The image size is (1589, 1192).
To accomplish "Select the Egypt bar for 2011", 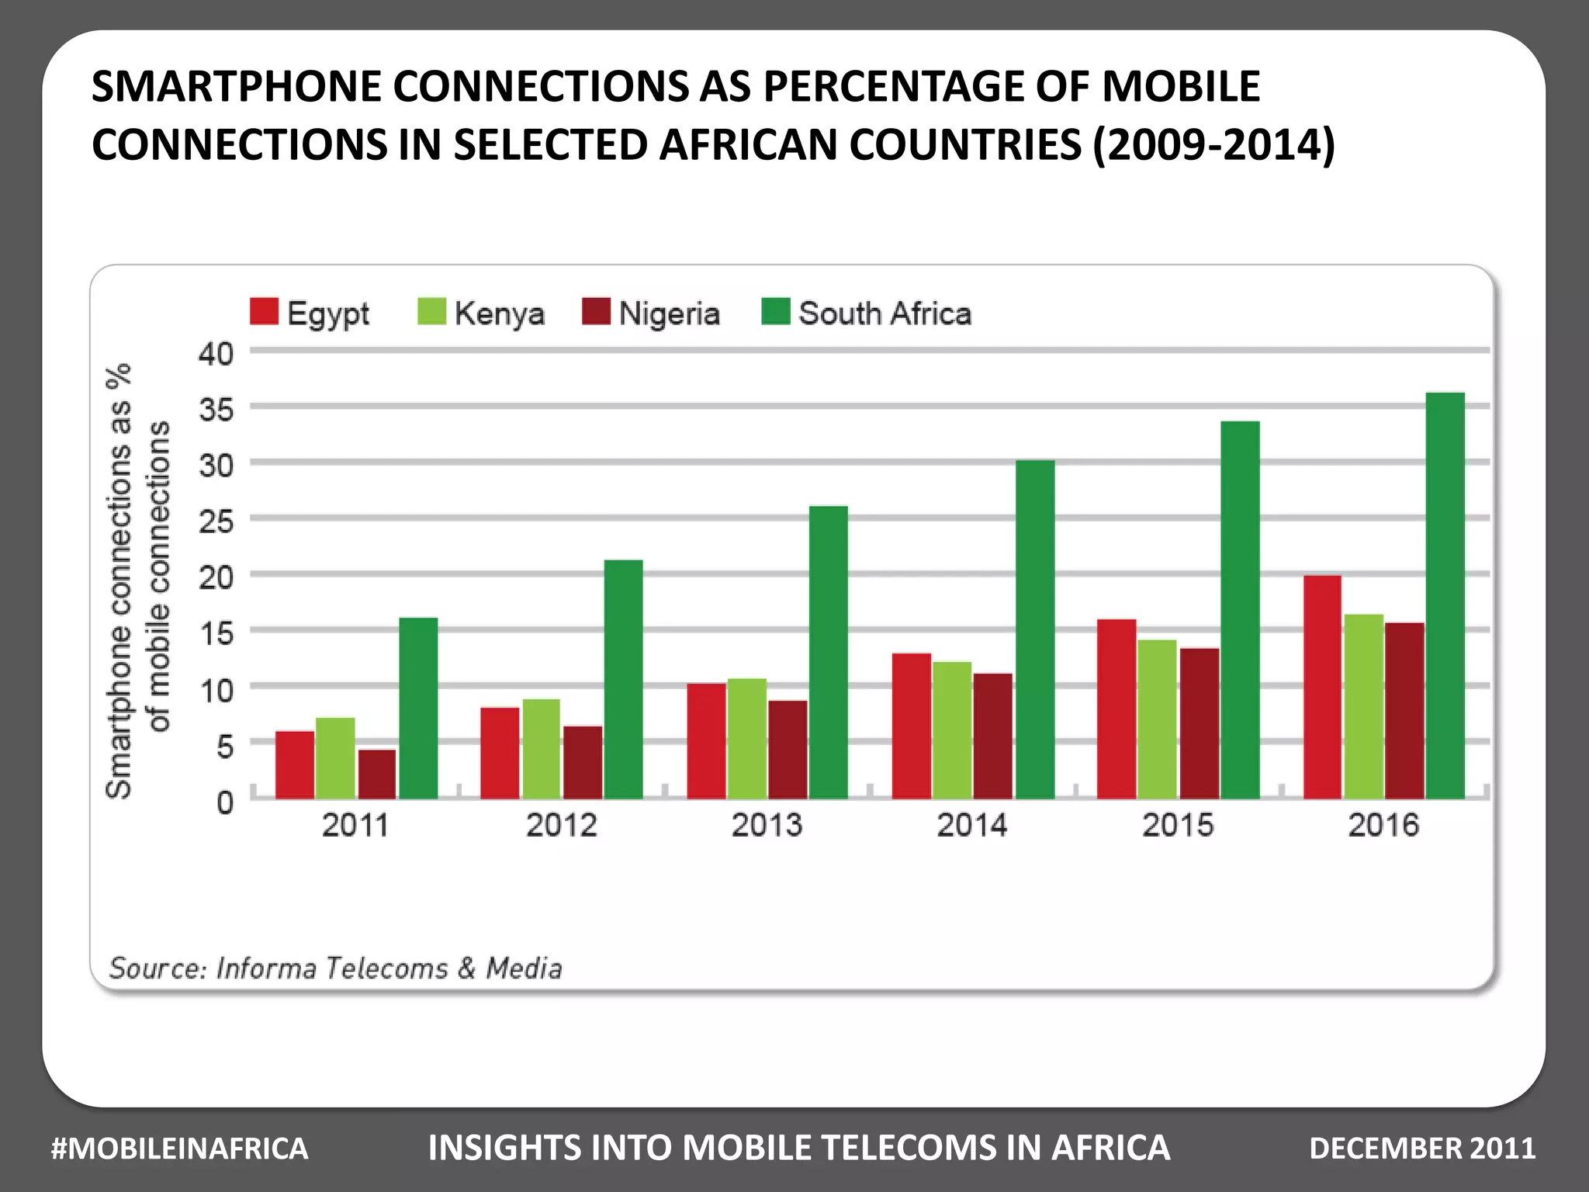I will pos(295,765).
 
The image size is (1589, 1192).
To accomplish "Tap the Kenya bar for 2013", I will pos(746,739).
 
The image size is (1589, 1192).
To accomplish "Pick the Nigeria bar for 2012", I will pos(583,762).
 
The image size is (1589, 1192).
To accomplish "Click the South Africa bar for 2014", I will pos(1035,629).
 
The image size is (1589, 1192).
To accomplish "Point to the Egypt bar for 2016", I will pos(1322,687).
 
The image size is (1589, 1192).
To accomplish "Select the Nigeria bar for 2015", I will pos(1200,723).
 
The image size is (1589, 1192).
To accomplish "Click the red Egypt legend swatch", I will pos(264,312).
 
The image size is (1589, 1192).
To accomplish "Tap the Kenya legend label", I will pos(499,314).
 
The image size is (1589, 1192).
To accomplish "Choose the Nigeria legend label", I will pos(669,314).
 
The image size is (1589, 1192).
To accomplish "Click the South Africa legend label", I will pos(885,314).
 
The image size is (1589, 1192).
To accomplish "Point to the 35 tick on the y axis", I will pos(216,409).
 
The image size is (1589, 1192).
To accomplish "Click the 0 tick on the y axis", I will pos(225,802).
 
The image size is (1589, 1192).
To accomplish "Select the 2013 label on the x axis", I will pos(767,825).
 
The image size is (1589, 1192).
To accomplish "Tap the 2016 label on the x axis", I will pos(1383,825).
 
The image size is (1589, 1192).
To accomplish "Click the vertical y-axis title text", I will pos(137,578).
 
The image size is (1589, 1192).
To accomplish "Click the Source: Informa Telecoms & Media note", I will pos(335,968).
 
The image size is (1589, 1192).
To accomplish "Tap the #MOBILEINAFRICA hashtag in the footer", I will pos(179,1149).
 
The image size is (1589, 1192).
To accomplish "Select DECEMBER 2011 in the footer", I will pos(1421,1149).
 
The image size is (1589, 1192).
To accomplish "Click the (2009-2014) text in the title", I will pos(1213,145).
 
